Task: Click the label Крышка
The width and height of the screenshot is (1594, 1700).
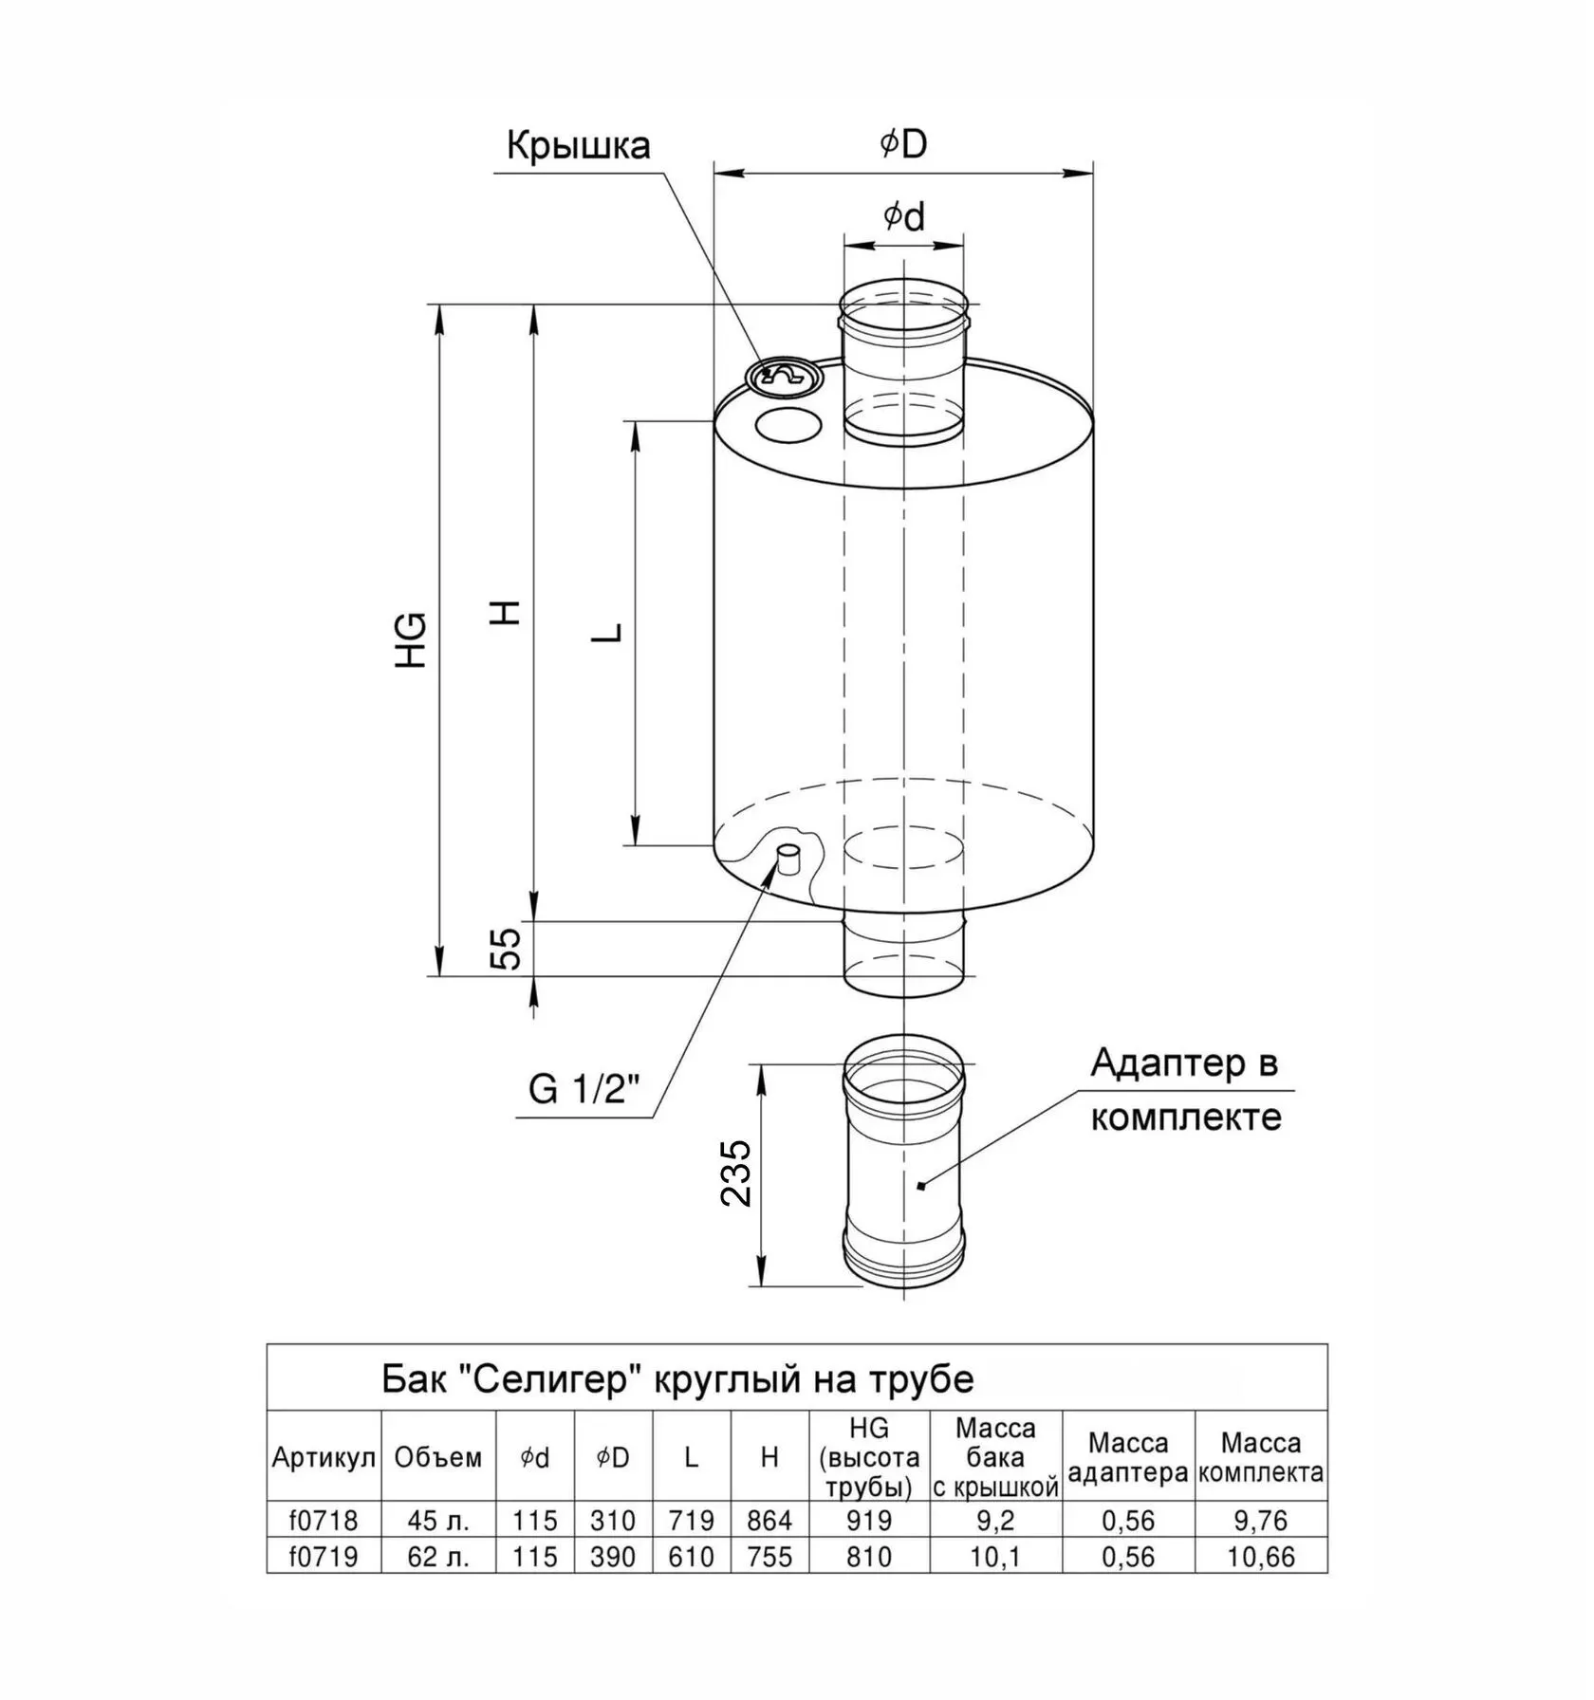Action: pos(578,146)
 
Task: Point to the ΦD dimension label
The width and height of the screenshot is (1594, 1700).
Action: pos(902,143)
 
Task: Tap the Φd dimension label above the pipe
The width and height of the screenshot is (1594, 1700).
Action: pos(903,216)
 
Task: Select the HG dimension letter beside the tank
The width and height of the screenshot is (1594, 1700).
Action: pos(412,640)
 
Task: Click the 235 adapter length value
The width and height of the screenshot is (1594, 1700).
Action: pos(735,1173)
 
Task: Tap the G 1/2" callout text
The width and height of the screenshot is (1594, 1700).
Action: pos(584,1089)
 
